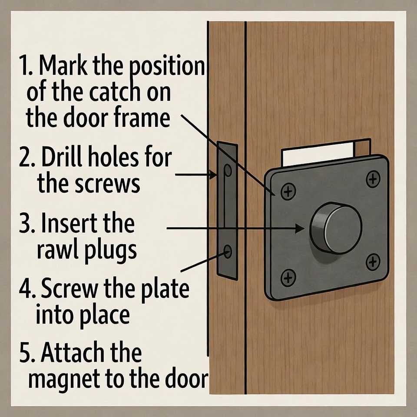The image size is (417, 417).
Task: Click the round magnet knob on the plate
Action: pos(336,228)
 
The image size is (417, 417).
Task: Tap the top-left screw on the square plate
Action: pos(288,191)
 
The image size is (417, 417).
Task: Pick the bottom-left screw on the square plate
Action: pos(288,278)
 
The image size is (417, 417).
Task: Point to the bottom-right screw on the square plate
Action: pos(373,262)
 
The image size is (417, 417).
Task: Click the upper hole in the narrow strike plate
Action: pos(228,170)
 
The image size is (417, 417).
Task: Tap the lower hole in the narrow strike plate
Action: pos(228,252)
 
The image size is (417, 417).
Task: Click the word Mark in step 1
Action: pos(63,66)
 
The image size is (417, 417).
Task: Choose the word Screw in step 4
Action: pos(69,289)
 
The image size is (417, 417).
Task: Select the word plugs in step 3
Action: pos(111,250)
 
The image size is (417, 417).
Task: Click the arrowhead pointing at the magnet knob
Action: pos(300,228)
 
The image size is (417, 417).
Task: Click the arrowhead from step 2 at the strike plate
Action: pos(213,175)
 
